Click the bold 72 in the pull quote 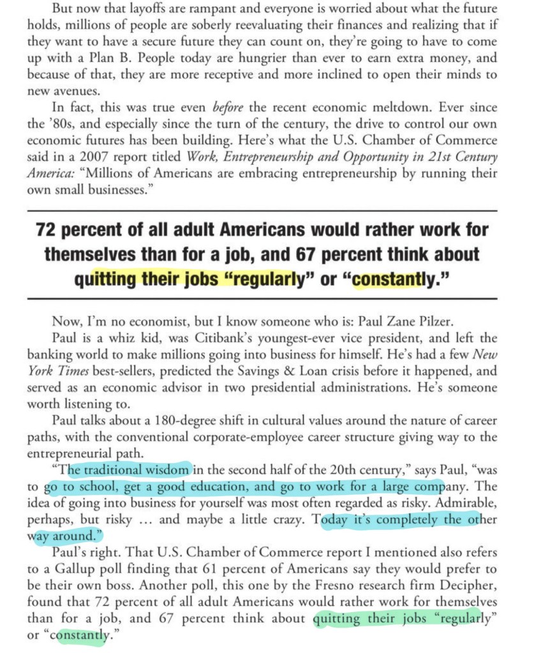pos(50,230)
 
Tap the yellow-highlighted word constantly pos(388,279)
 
